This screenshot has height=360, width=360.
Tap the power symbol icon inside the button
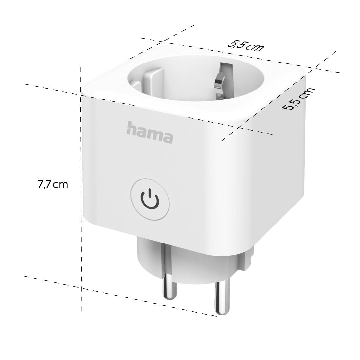(x=150, y=198)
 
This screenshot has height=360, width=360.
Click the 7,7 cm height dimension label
(x=53, y=184)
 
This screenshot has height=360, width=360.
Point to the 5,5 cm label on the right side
(x=299, y=99)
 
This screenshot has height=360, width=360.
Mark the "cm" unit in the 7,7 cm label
(x=61, y=184)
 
